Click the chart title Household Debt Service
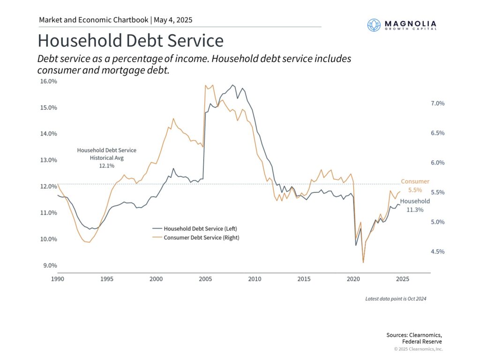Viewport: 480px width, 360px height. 130,41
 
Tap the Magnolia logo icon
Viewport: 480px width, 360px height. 374,25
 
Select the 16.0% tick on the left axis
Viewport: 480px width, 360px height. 47,81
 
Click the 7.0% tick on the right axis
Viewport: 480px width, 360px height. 437,103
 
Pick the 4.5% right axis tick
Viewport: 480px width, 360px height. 437,252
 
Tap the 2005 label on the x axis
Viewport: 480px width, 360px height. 205,279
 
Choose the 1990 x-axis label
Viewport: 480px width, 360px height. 57,279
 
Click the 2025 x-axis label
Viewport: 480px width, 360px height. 402,279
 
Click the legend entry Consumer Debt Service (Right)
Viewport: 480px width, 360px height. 198,238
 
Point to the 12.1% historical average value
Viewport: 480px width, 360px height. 106,166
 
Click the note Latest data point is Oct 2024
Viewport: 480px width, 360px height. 396,299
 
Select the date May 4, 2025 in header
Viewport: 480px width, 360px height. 173,20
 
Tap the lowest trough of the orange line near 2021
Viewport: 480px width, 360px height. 363,262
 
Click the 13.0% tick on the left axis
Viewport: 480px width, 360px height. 47,160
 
